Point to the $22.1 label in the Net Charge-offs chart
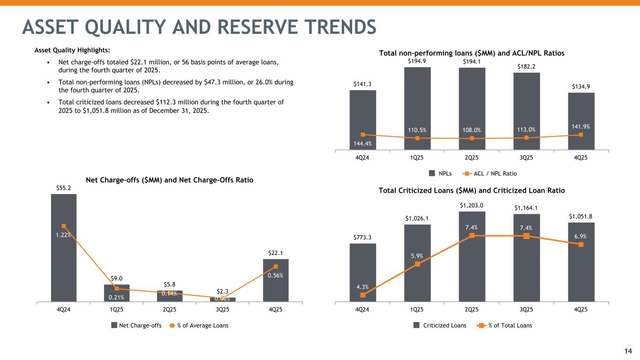tap(276, 253)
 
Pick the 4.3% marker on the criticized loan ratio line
tap(363, 295)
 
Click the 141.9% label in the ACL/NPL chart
tap(581, 126)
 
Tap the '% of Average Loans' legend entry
tap(199, 325)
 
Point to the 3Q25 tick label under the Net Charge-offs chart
tap(223, 310)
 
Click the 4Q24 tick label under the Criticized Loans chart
tap(363, 310)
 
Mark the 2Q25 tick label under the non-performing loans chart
tap(472, 157)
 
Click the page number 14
tap(629, 351)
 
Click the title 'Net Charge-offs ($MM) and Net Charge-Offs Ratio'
tap(170, 180)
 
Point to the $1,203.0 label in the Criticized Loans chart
tap(472, 205)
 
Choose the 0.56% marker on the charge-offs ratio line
tap(276, 267)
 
